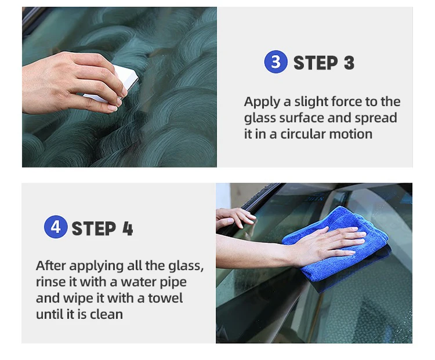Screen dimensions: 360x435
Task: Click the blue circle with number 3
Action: click(x=275, y=62)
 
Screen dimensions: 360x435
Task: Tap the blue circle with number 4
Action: click(x=56, y=227)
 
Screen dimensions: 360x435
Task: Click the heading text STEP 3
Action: click(x=324, y=63)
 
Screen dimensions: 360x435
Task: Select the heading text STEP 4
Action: click(x=102, y=228)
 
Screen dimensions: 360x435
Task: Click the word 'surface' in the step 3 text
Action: click(x=295, y=118)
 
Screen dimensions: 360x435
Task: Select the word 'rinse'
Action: click(x=51, y=282)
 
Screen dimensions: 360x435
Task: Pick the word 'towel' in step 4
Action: click(x=166, y=299)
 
